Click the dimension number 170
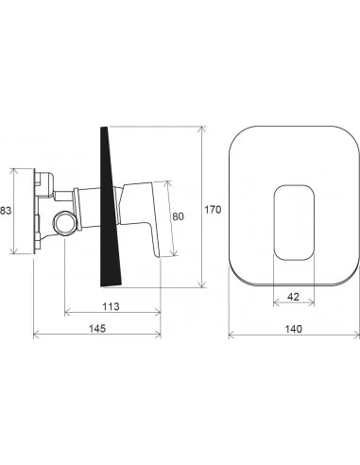click(213, 210)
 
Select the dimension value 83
click(6, 210)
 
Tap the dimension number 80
click(178, 216)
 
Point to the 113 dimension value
click(111, 306)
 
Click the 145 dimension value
click(97, 329)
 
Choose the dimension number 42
click(294, 297)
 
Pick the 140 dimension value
click(294, 329)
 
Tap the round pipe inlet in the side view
click(65, 223)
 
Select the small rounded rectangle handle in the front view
click(294, 223)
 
